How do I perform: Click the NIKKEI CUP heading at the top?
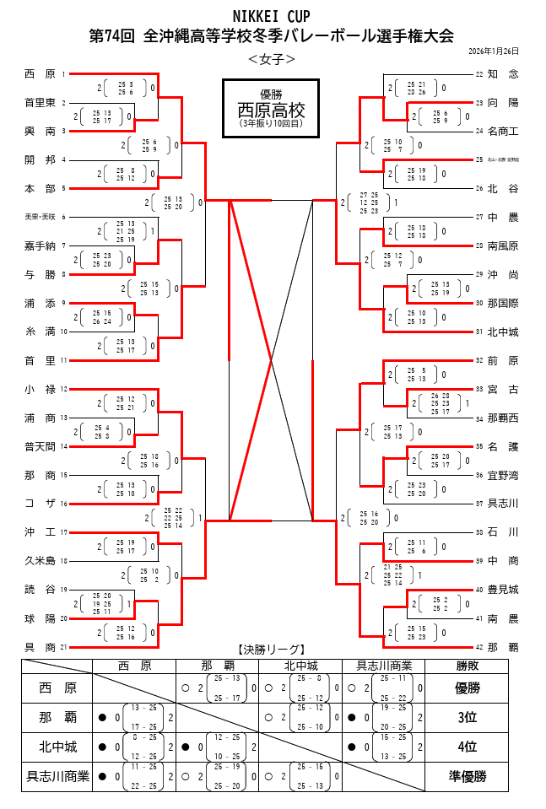point(272,16)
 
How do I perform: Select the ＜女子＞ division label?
point(272,59)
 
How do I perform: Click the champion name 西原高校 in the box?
point(271,111)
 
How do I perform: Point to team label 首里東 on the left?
point(41,103)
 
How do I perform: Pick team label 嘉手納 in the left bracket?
point(41,246)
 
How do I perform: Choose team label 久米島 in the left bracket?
point(41,561)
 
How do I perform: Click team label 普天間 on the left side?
point(41,446)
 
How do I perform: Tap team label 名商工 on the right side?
point(503,132)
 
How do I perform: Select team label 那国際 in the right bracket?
point(503,303)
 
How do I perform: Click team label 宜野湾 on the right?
point(503,475)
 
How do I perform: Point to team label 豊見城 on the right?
point(503,590)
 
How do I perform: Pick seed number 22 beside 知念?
point(479,74)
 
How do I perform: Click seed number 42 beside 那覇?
point(479,647)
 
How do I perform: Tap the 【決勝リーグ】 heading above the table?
point(271,649)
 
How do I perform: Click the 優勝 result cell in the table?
point(467,688)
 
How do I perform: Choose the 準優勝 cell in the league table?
point(467,777)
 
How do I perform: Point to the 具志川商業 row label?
point(58,777)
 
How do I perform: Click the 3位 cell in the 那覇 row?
point(467,718)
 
